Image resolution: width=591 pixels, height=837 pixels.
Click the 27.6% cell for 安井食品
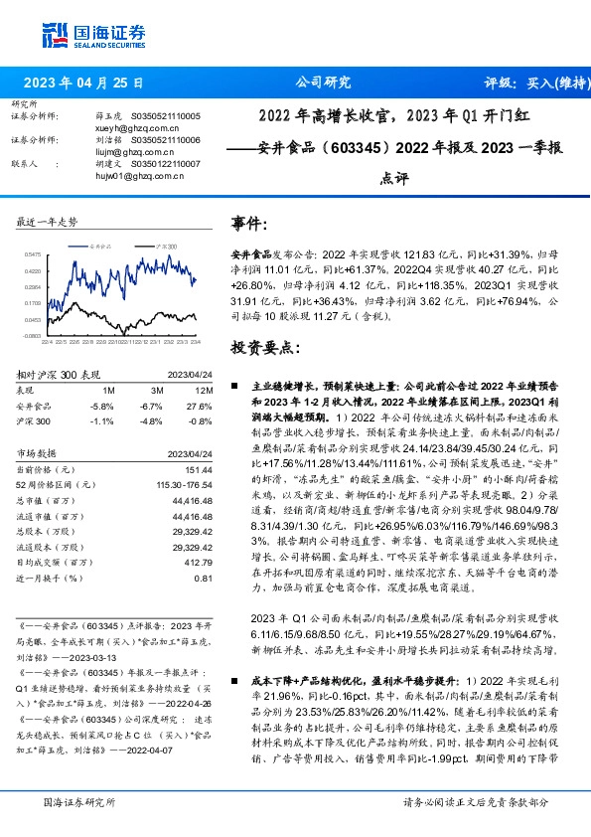[201, 406]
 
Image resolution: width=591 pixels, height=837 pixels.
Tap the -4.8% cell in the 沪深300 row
[151, 420]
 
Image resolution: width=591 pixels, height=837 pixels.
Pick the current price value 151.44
[200, 468]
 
